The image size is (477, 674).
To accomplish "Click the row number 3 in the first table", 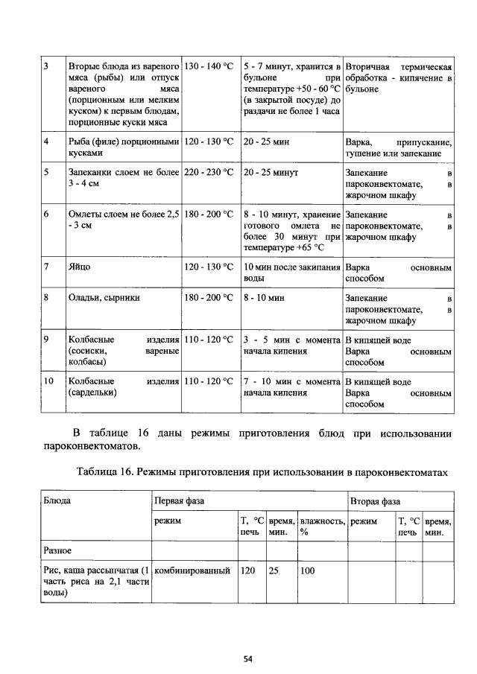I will pos(46,67).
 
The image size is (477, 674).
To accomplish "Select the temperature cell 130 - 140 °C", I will pos(209,67).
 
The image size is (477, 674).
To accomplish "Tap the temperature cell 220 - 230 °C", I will pos(209,173).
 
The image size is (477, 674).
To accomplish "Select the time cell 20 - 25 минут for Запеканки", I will pos(271,173).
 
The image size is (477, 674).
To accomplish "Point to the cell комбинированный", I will pos(192,571).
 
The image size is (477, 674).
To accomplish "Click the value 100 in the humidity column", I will pos(307,571).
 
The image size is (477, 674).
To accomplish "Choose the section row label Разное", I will pos(57,551).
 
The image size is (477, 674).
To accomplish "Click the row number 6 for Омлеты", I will pos(46,214).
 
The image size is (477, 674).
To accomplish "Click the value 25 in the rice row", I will pos(274,571).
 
